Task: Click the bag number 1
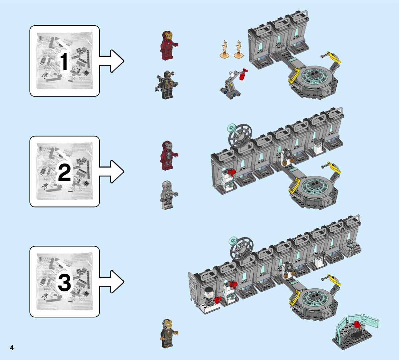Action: (x=64, y=61)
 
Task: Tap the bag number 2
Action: (x=64, y=173)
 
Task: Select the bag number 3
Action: (x=64, y=282)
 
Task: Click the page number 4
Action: (x=12, y=348)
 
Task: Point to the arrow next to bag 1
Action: (x=111, y=61)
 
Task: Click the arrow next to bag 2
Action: (x=111, y=172)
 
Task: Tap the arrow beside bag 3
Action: (x=111, y=282)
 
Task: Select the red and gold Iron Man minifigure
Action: (x=169, y=45)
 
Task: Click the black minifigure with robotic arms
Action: (x=167, y=85)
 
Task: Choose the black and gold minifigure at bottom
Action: (x=169, y=333)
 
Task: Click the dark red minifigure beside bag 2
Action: (x=169, y=156)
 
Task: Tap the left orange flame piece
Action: (x=224, y=50)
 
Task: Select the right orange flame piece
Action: (x=238, y=50)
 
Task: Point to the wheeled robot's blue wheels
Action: (x=231, y=92)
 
